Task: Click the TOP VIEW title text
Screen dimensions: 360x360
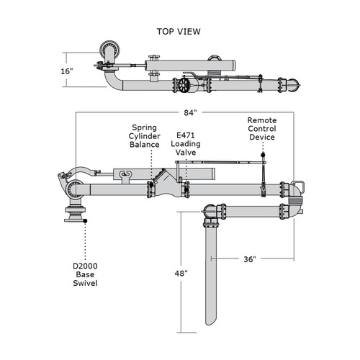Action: point(179,32)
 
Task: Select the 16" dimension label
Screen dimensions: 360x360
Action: point(67,71)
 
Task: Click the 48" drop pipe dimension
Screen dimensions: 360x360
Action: point(181,274)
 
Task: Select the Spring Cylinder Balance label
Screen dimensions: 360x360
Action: point(145,135)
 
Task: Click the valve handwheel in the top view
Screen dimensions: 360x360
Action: point(185,85)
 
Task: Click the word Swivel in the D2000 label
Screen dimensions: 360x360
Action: point(85,283)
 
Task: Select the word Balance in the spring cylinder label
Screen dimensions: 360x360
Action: point(145,145)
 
